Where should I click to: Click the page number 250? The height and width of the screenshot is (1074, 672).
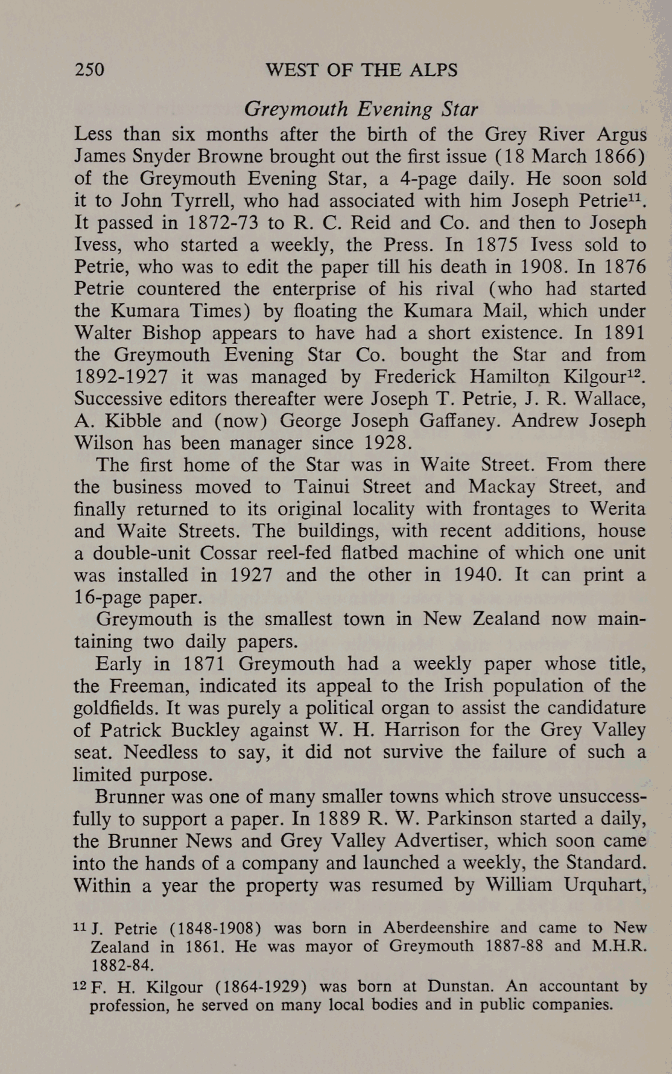point(89,70)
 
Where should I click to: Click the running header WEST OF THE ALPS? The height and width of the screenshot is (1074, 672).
point(361,70)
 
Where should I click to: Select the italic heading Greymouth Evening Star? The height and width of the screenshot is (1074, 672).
point(361,109)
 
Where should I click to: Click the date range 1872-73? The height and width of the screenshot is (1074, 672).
point(223,223)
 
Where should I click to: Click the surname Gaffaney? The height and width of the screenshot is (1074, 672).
point(453,421)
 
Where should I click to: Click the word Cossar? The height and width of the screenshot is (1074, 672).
point(229,553)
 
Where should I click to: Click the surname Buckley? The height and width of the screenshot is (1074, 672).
point(205,730)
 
